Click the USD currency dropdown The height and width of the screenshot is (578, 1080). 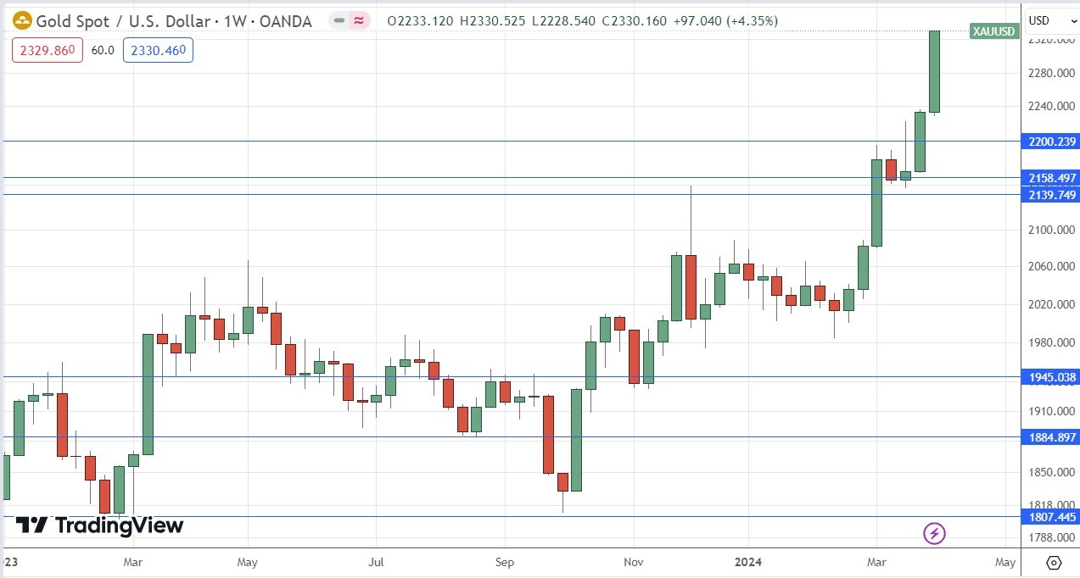click(1049, 19)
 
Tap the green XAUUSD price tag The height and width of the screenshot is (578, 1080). click(994, 31)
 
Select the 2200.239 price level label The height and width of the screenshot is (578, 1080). click(1049, 142)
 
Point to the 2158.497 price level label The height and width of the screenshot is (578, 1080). click(1049, 178)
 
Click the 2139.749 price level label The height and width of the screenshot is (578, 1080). click(1049, 195)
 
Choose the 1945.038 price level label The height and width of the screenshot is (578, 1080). click(1049, 377)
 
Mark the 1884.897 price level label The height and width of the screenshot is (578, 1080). click(1049, 437)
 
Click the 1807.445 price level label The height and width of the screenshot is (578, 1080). click(1049, 516)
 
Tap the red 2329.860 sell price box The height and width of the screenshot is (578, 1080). click(48, 51)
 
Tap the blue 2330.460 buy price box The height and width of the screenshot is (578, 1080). click(158, 51)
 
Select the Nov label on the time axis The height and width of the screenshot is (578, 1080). click(634, 562)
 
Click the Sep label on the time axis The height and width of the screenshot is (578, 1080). click(505, 562)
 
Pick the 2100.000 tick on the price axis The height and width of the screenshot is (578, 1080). click(1049, 230)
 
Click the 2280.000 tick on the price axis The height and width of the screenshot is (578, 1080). click(1049, 74)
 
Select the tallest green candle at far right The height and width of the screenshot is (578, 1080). click(934, 72)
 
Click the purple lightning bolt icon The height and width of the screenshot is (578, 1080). click(934, 533)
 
